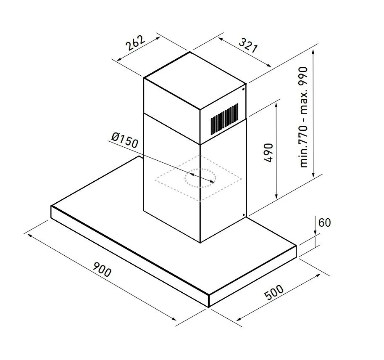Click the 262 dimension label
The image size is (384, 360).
coord(135,43)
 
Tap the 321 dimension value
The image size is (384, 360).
coord(248,45)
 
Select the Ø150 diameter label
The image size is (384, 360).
coord(125,140)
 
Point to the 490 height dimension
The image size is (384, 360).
coord(268,153)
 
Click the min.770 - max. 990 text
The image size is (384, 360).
coord(303,117)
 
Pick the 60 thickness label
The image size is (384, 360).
coord(324,222)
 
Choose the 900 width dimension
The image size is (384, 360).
coord(102,269)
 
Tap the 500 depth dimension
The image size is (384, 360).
coord(274,292)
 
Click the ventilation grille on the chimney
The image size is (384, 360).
coord(224,119)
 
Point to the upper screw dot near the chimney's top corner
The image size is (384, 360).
coord(243,90)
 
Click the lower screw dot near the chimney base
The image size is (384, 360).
coord(244,215)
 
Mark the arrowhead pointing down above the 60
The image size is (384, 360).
coord(316,232)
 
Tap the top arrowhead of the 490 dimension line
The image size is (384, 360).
coord(276,106)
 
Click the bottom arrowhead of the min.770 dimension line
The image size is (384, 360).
coord(313,174)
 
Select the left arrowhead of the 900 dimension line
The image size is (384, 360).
coord(30,236)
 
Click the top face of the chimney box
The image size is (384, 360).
coord(195,81)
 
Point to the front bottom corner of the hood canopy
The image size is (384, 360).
coord(208,307)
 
